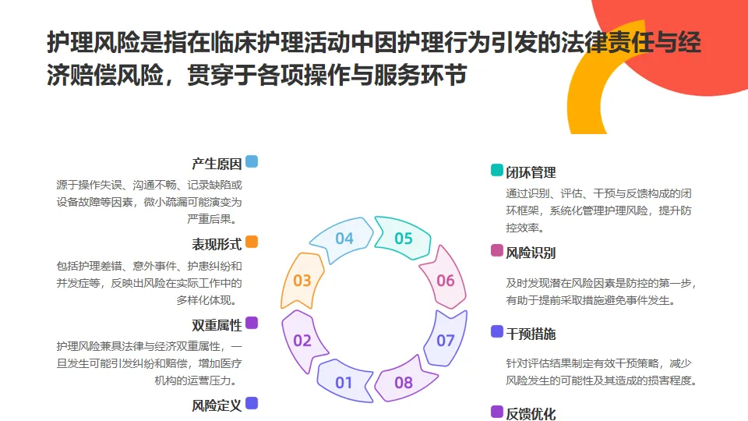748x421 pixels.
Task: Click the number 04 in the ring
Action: pos(344,239)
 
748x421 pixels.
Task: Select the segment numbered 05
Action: pos(403,239)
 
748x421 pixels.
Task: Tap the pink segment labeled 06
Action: pos(445,281)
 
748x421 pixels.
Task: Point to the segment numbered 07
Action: pos(445,341)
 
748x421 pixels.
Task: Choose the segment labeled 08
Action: pos(404,383)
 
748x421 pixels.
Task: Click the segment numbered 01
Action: pos(344,383)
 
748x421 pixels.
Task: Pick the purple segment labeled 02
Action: pos(302,341)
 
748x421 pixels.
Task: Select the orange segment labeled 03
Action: pos(302,281)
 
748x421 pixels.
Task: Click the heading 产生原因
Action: pos(217,164)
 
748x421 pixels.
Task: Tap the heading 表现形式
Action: pos(217,244)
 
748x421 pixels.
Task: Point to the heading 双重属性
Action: pos(217,325)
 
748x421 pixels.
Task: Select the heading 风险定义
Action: pos(217,405)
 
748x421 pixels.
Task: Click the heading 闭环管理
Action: pos(531,172)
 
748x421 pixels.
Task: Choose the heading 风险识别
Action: pos(531,253)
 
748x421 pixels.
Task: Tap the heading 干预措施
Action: pos(531,334)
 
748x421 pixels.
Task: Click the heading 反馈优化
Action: pos(531,414)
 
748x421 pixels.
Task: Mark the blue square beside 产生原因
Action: pos(252,162)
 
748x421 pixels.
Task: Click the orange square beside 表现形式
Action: pos(252,242)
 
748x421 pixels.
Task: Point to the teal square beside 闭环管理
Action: pos(497,170)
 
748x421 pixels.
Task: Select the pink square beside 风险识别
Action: pos(497,250)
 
